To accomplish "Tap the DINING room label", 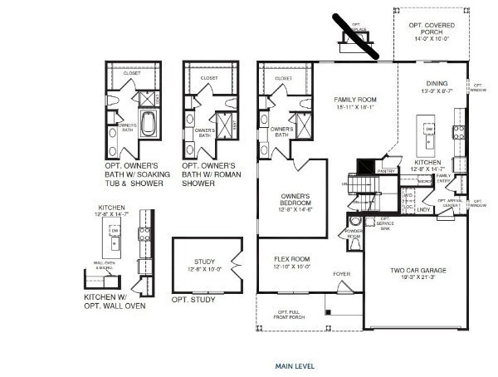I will [437, 83].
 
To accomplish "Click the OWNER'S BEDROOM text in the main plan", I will [295, 198].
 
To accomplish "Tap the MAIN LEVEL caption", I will [295, 365].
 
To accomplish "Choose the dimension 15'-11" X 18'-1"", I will [355, 106].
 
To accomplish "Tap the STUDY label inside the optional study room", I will [204, 261].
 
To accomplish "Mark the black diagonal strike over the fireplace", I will [355, 36].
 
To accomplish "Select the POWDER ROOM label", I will [354, 235].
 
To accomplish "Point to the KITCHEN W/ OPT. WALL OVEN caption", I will [115, 301].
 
